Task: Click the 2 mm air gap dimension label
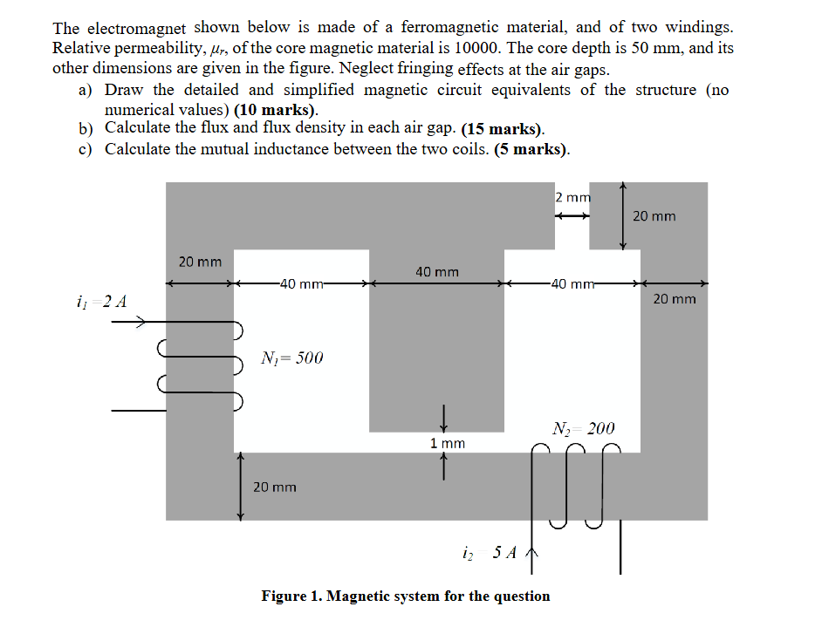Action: click(573, 197)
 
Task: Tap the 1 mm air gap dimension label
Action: click(448, 444)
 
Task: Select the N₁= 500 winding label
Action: click(292, 358)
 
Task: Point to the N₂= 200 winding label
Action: click(584, 428)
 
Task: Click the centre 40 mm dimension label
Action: click(437, 272)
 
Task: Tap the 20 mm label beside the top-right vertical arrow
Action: click(654, 215)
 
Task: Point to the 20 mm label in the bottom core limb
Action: click(275, 487)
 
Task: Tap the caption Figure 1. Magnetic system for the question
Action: click(406, 596)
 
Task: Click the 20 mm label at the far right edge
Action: click(675, 299)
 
